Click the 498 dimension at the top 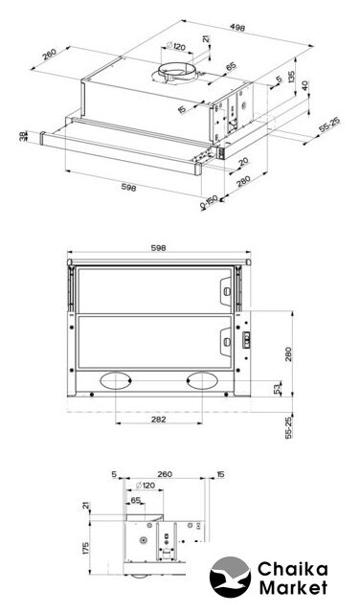coord(237,28)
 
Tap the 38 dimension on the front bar coord(23,136)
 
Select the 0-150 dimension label coord(209,202)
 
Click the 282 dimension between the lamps coord(158,420)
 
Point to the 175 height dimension coord(86,548)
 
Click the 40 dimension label coord(305,85)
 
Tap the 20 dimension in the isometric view coord(243,161)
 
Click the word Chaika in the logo coord(292,569)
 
